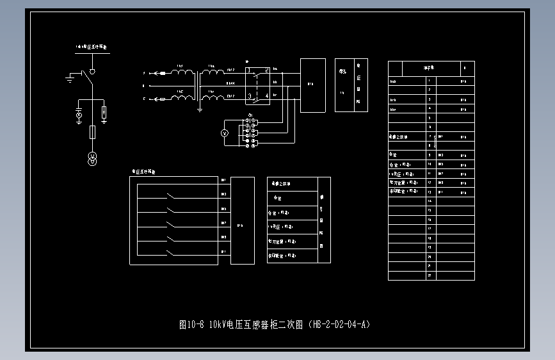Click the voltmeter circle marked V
tap(225, 133)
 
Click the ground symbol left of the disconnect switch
tap(70, 79)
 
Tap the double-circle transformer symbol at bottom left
tap(92, 159)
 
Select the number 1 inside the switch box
tap(250, 69)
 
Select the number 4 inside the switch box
tap(266, 97)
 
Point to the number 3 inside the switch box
tap(250, 97)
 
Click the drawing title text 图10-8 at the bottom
tap(191, 325)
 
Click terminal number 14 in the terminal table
tap(429, 201)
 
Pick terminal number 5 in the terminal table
tap(429, 118)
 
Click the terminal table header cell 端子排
tap(428, 67)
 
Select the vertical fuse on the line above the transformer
tap(92, 133)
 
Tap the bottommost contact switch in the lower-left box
tap(170, 252)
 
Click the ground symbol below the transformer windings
tap(200, 110)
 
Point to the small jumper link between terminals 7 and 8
tap(435, 141)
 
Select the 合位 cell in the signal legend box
tap(278, 198)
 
